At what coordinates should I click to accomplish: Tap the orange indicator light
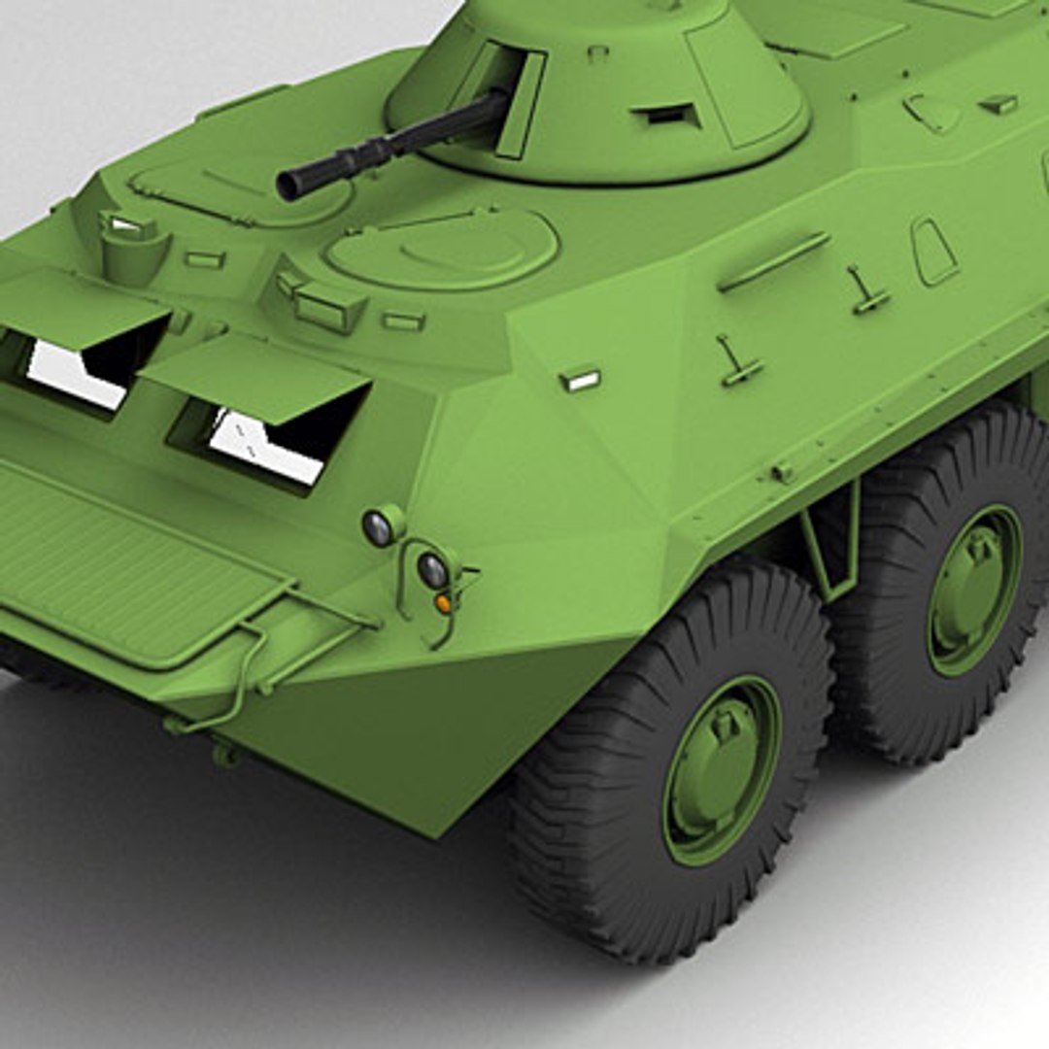click(443, 603)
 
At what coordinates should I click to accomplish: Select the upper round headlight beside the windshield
click(379, 527)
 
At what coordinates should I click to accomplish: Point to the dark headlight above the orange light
click(432, 570)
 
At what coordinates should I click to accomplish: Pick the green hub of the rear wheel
click(973, 590)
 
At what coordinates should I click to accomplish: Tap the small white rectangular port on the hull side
click(581, 380)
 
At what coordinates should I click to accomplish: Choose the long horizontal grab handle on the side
click(774, 260)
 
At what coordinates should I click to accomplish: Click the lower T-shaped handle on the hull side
click(739, 361)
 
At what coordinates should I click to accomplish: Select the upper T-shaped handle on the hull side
click(867, 291)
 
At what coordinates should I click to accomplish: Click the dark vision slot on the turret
click(667, 115)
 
